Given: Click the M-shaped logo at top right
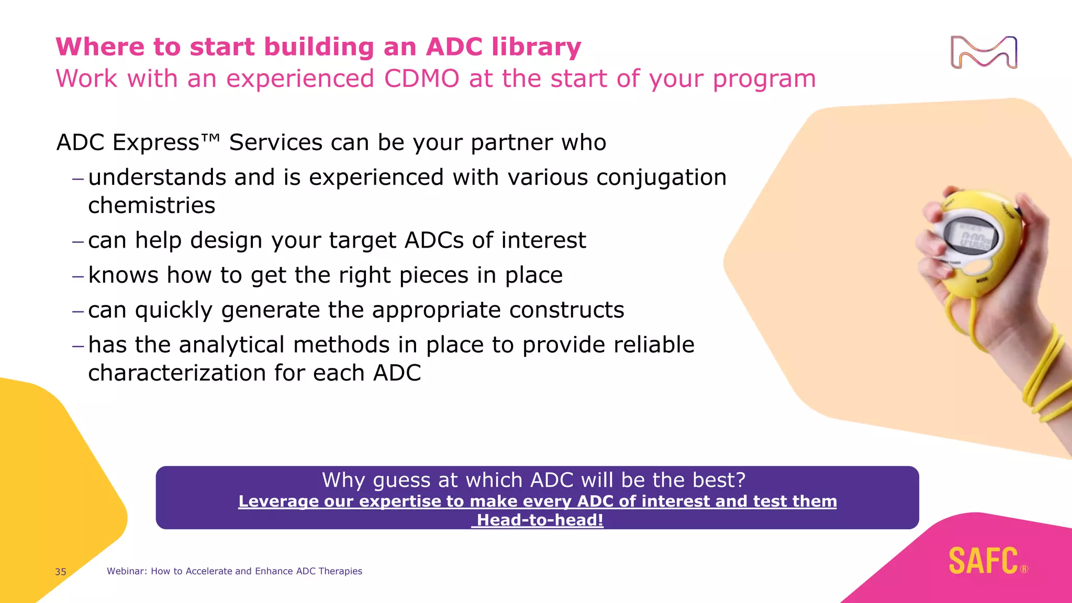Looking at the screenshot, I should [x=984, y=52].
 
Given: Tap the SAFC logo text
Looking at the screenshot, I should [x=983, y=561].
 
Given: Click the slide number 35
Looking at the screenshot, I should [x=61, y=572].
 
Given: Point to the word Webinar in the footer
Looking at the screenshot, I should [x=126, y=571].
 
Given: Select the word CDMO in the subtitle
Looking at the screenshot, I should [x=421, y=79].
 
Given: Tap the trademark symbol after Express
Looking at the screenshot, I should [x=210, y=138].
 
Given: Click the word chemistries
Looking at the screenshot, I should [x=151, y=206].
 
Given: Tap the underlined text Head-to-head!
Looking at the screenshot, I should [x=540, y=520].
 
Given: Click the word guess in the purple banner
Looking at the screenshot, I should [x=402, y=481].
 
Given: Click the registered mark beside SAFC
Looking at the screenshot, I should [x=1024, y=569].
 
